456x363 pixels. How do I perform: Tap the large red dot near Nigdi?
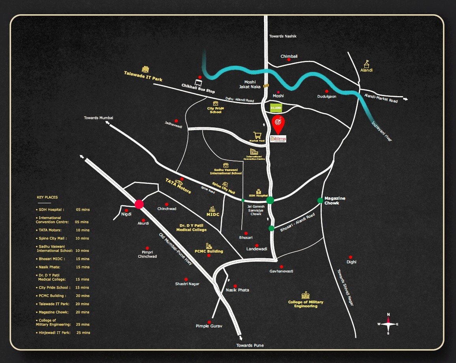[139, 204]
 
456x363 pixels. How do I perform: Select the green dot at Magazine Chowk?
[320, 200]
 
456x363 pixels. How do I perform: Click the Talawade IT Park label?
[143, 76]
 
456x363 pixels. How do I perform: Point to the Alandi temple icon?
[366, 63]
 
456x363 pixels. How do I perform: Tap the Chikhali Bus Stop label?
[198, 88]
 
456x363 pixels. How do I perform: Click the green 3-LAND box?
[276, 107]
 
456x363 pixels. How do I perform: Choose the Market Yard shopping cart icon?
[257, 135]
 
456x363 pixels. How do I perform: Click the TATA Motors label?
[178, 185]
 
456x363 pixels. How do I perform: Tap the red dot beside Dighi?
[351, 257]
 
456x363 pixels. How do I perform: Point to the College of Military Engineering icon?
[306, 295]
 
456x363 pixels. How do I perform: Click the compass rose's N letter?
[388, 315]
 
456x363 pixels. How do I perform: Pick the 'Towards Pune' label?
[250, 345]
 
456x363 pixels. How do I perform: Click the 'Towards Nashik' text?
[283, 36]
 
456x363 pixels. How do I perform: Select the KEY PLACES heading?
[47, 197]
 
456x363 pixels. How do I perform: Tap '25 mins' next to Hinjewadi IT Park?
[83, 333]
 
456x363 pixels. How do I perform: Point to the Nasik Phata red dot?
[235, 286]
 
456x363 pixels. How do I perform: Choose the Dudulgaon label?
[327, 96]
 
